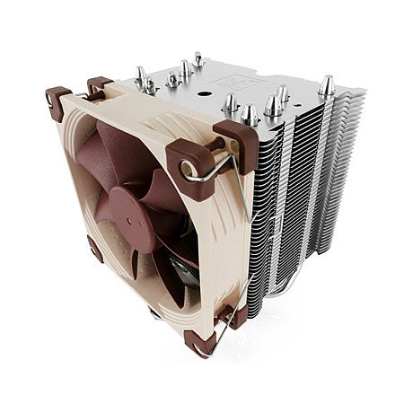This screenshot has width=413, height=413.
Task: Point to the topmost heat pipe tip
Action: point(198,59)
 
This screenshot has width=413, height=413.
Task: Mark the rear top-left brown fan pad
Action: point(99,85)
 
